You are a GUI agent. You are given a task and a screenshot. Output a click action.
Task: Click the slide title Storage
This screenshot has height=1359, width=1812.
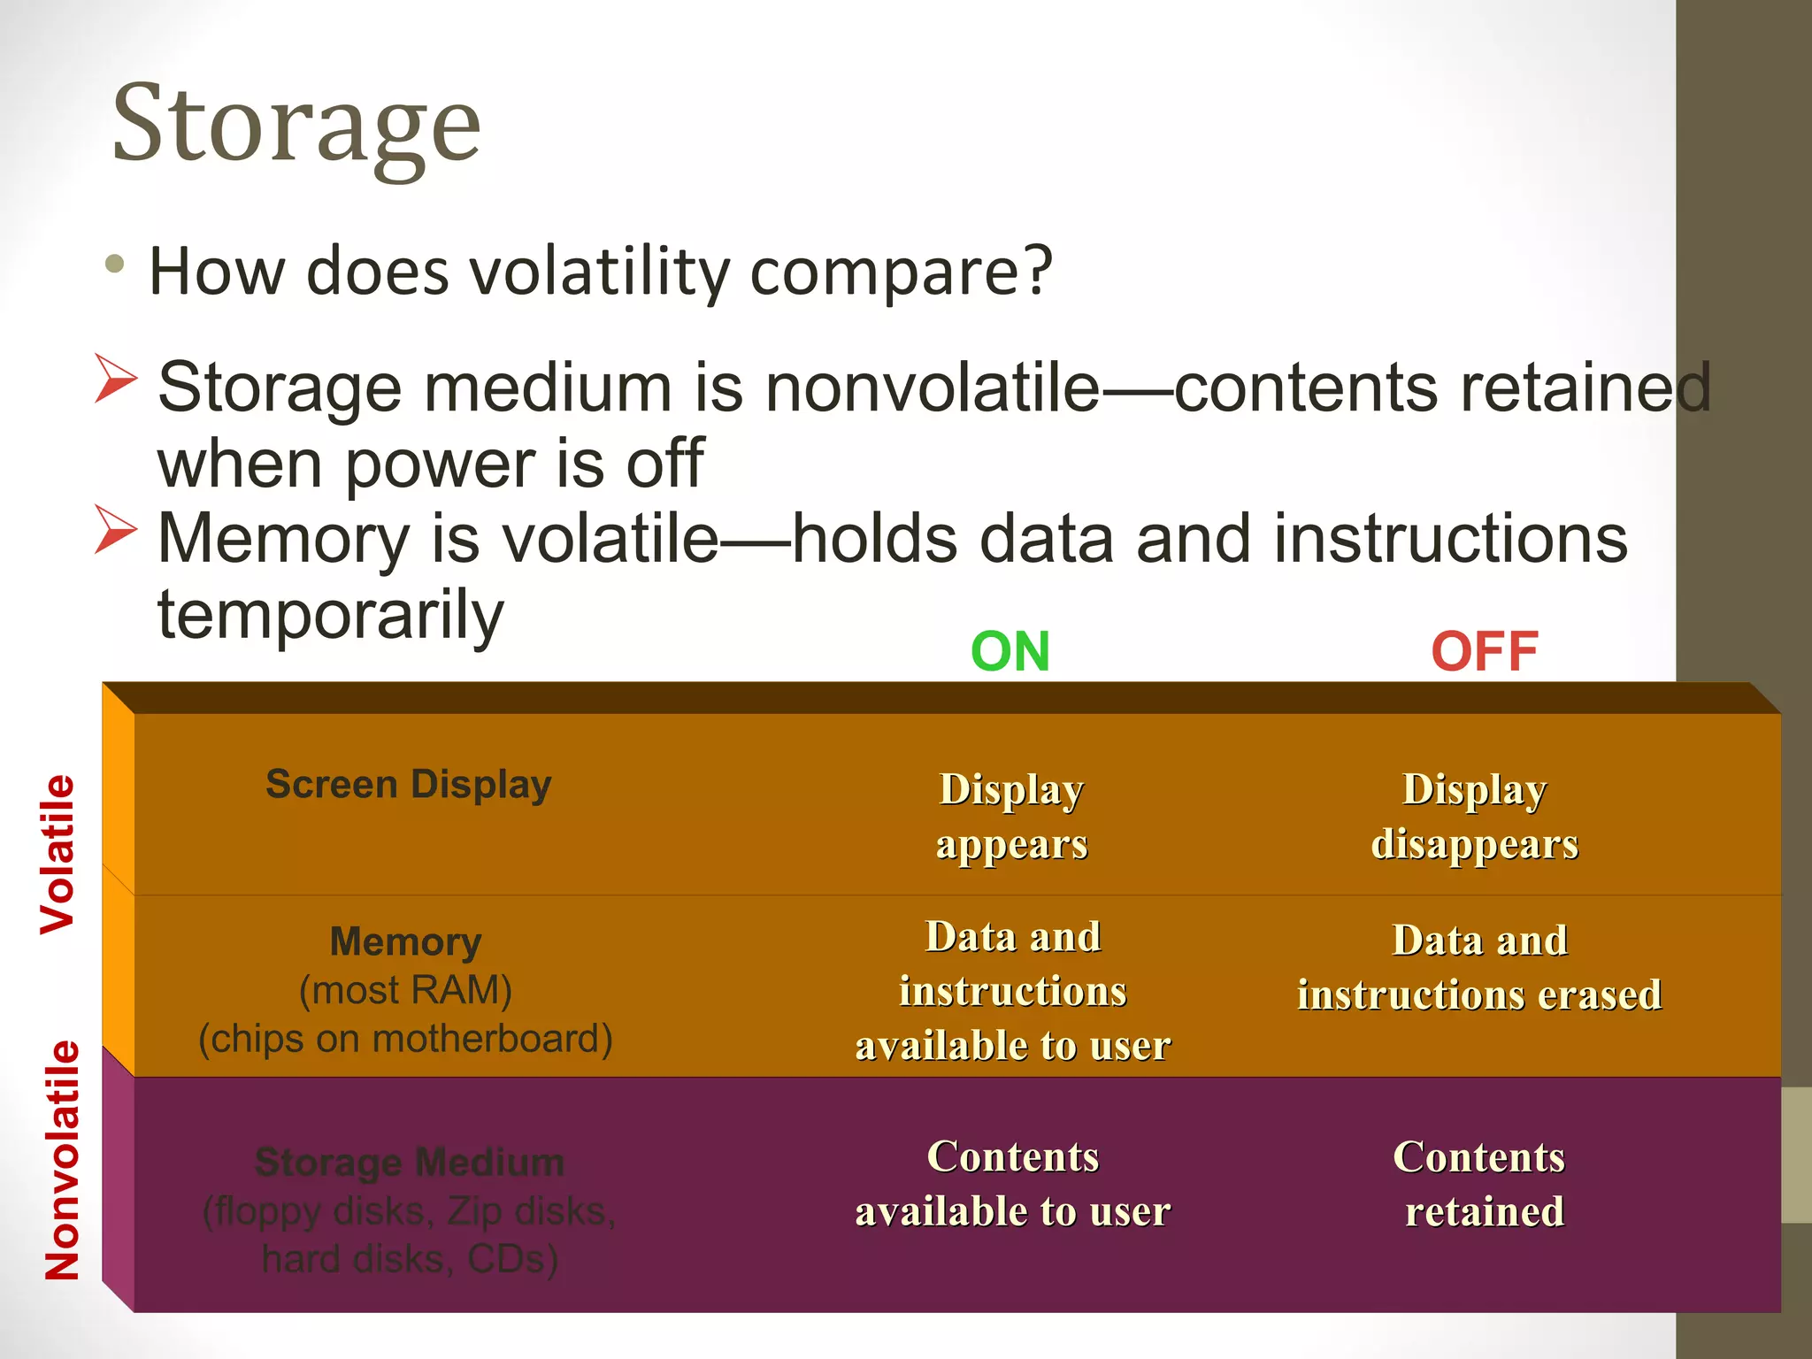coord(296,124)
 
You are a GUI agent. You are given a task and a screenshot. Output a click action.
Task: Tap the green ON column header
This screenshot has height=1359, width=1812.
coord(1010,652)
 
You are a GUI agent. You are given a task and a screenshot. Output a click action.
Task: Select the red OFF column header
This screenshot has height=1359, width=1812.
coord(1484,652)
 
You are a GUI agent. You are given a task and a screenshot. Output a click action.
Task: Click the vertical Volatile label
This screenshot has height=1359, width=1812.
coord(58,854)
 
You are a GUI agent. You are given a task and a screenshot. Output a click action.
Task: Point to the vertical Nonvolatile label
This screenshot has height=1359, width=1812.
coord(62,1160)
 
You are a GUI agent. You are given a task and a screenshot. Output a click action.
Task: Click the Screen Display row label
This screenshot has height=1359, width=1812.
coord(408,785)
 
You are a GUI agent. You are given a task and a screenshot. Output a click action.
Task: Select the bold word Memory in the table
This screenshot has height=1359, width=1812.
coord(405,941)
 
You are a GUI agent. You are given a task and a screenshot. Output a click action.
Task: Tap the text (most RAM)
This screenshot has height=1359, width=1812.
coord(405,990)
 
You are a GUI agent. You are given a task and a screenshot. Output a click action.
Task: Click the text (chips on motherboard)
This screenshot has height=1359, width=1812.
coord(405,1039)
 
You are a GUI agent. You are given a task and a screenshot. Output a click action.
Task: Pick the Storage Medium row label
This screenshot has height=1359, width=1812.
coord(409,1163)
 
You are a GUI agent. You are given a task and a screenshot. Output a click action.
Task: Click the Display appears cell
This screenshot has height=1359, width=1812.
coord(1011,816)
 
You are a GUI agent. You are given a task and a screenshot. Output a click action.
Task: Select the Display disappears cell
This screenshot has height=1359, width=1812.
coord(1474,816)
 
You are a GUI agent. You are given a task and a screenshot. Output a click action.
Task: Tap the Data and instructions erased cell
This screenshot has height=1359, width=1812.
coord(1479,967)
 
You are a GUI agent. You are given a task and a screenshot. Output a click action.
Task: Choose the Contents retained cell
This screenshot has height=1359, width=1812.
coord(1479,1184)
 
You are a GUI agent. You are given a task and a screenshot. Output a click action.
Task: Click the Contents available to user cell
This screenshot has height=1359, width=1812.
coord(1012,1184)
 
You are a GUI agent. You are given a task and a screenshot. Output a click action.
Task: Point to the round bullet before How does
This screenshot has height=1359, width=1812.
coord(114,264)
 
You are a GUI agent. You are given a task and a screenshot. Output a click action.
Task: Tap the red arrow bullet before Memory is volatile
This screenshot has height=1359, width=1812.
coord(116,530)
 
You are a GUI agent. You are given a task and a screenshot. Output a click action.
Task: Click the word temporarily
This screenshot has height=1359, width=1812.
coord(330,614)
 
